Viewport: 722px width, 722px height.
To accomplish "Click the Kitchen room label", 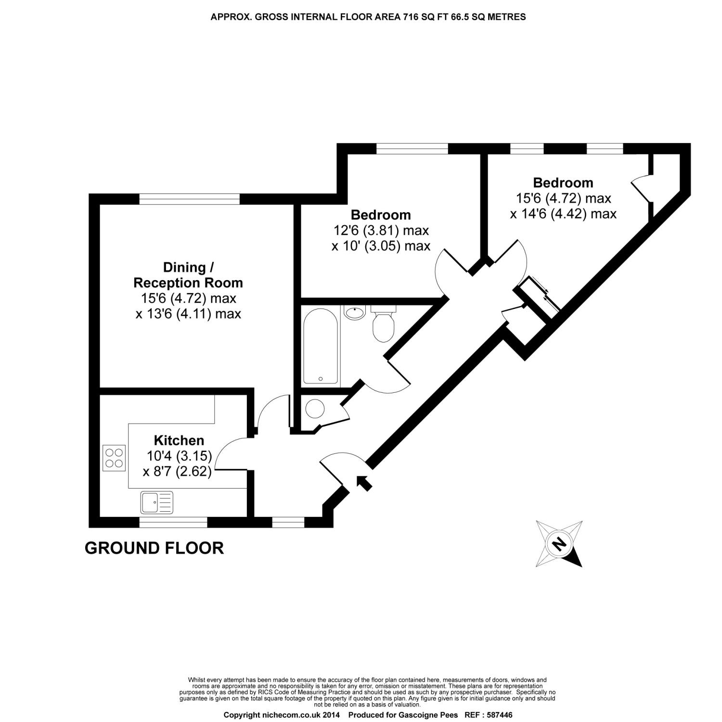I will click(179, 440).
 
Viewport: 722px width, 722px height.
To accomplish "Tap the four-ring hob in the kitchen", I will click(114, 458).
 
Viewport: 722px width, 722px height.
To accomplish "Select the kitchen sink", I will click(157, 502).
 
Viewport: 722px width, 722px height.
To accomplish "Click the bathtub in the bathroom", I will click(320, 345).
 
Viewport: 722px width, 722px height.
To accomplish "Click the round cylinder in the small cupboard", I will click(315, 409).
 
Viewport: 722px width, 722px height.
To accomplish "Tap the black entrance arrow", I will click(364, 482).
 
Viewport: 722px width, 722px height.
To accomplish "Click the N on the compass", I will click(559, 544).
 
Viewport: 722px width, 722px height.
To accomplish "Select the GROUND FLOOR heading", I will click(154, 548).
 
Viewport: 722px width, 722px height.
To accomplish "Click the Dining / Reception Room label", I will click(188, 275).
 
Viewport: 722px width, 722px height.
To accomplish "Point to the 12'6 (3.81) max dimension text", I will click(381, 230).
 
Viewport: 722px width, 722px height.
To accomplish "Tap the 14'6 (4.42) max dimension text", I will click(563, 214).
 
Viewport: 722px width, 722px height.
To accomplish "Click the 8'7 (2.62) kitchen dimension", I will click(177, 471).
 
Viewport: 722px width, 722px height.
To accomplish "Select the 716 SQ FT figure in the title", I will click(422, 17).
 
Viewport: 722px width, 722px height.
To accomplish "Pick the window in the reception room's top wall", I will click(189, 199).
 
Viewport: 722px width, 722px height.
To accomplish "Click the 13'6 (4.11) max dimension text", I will click(188, 314).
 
